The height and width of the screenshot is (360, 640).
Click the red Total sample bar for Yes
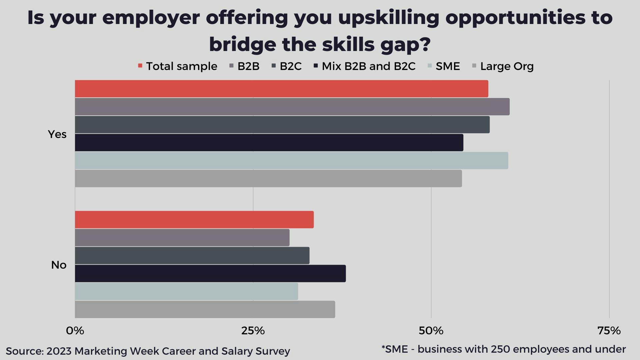tap(281, 89)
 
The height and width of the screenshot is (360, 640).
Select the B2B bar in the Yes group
tap(292, 107)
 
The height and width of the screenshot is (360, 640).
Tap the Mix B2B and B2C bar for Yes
tap(269, 143)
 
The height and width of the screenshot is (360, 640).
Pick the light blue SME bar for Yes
tap(291, 161)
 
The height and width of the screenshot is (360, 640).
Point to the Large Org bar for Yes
tap(268, 179)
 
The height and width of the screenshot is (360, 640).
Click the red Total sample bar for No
tap(194, 220)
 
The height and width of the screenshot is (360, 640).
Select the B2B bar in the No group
tap(182, 238)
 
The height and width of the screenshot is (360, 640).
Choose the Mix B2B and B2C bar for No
tap(210, 274)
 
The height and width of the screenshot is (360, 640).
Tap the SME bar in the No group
tap(186, 292)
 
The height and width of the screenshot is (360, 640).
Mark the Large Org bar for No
tap(205, 310)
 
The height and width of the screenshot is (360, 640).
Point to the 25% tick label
tap(253, 331)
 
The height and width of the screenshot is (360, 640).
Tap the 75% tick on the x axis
tap(609, 331)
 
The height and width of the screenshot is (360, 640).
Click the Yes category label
tap(57, 134)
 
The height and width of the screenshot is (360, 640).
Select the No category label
tap(59, 265)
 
